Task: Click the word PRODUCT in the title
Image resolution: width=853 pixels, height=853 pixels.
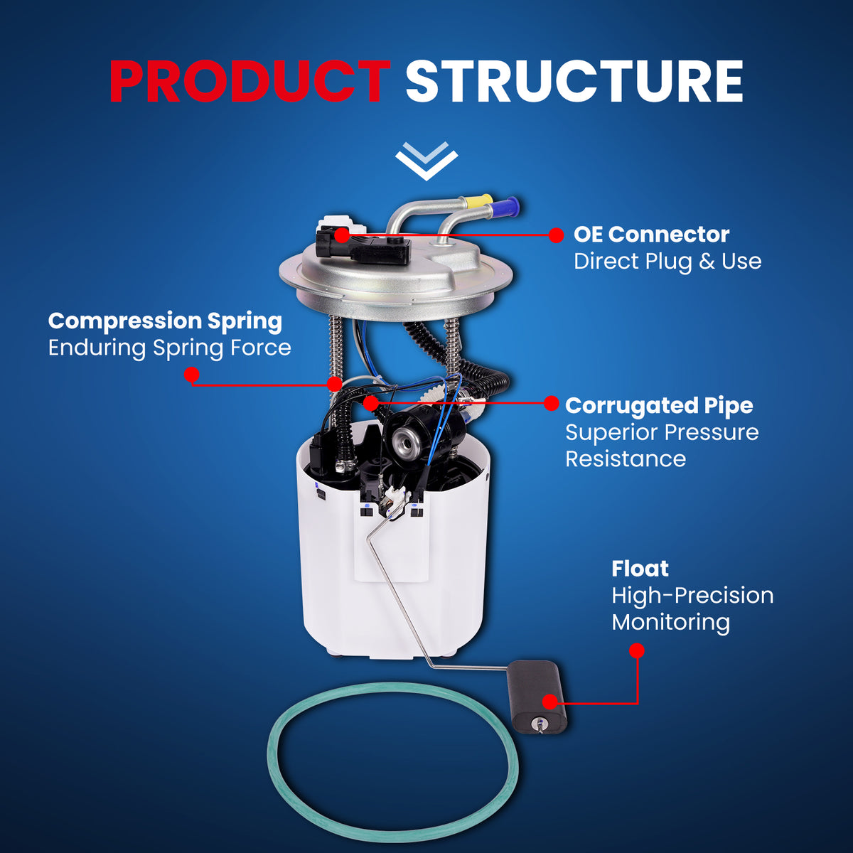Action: click(x=250, y=82)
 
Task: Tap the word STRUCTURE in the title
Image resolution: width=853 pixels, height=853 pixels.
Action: click(x=574, y=82)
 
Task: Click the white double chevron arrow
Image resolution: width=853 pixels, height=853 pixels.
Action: click(x=426, y=161)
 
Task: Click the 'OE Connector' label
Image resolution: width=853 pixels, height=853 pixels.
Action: click(x=651, y=235)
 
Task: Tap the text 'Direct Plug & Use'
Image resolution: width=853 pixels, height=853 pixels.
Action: click(x=667, y=261)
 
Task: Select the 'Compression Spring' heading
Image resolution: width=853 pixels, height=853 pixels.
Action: click(x=165, y=321)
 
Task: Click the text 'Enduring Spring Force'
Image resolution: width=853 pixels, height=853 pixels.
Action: click(x=170, y=348)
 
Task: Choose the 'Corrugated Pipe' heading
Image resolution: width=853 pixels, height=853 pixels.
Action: click(x=659, y=406)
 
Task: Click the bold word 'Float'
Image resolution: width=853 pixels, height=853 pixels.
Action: click(x=640, y=569)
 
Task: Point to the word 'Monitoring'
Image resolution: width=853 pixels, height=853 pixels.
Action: click(x=670, y=623)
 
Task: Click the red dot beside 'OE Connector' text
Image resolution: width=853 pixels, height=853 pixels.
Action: click(x=556, y=235)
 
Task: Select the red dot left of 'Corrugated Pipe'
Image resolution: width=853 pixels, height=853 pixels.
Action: click(x=551, y=403)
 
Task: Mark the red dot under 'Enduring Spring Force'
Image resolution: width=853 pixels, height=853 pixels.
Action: click(x=191, y=375)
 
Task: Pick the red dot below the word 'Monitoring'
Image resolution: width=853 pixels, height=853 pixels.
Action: click(x=636, y=650)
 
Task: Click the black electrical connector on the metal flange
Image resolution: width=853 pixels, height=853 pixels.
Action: click(x=363, y=246)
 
